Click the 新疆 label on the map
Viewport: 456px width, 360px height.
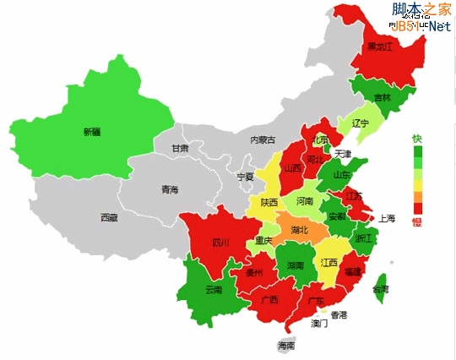pos(91,132)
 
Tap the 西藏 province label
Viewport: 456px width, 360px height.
pos(109,217)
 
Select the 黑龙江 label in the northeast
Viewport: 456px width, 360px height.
pos(379,47)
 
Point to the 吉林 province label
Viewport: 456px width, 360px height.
pos(383,97)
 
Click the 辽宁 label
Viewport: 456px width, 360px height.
pos(361,123)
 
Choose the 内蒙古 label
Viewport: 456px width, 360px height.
pos(263,139)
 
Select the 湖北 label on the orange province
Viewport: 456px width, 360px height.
pos(300,229)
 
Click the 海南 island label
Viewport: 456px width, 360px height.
pos(286,346)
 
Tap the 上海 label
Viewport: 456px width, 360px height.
pos(387,217)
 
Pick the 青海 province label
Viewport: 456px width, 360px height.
pos(170,190)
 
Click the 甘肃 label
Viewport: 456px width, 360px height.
pos(180,149)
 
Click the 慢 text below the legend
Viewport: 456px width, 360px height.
pos(416,222)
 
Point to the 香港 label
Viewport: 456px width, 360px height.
pos(339,315)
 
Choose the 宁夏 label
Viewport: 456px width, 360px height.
pos(245,177)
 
